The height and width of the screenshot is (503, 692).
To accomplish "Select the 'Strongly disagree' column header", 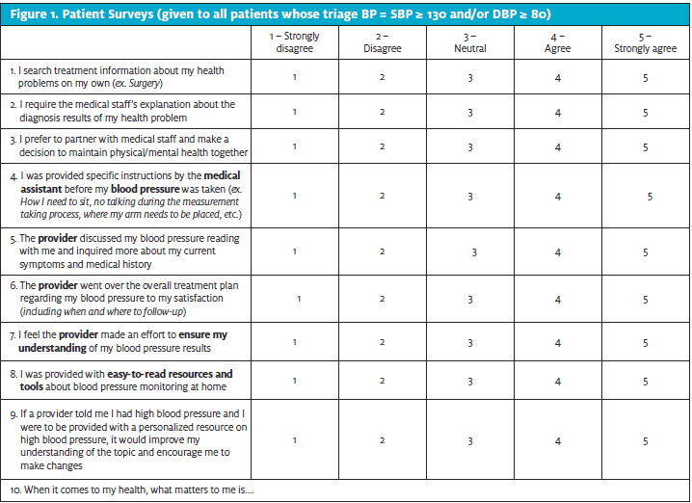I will pyautogui.click(x=294, y=41).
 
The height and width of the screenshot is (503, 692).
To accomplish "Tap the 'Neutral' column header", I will pyautogui.click(x=470, y=41).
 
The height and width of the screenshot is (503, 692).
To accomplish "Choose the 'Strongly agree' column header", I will pyautogui.click(x=645, y=41).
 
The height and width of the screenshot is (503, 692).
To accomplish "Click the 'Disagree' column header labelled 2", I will pyautogui.click(x=382, y=41).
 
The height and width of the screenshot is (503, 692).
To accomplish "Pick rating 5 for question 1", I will pyautogui.click(x=645, y=77).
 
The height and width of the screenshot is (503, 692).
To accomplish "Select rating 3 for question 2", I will pyautogui.click(x=470, y=112).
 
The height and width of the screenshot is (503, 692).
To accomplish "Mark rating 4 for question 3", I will pyautogui.click(x=557, y=147).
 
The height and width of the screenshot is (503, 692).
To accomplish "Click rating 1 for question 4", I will pyautogui.click(x=294, y=196).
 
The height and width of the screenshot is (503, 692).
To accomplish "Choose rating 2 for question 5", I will pyautogui.click(x=382, y=251).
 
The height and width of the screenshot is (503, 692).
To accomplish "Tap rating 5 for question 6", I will pyautogui.click(x=645, y=300).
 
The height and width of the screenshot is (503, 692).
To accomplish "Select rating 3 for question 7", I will pyautogui.click(x=470, y=342).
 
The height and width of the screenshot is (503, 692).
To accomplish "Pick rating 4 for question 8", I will pyautogui.click(x=557, y=381).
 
